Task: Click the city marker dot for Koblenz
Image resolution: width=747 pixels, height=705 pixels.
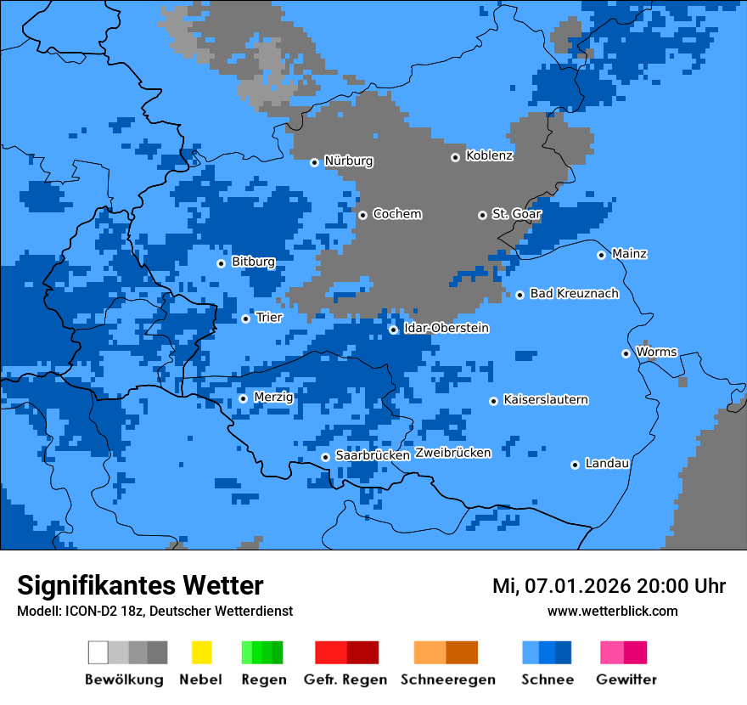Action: [456, 157]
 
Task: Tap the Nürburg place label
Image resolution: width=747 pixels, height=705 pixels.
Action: [348, 161]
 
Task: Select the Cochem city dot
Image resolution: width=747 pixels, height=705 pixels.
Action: [362, 215]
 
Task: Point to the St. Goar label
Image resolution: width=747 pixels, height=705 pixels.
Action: [516, 214]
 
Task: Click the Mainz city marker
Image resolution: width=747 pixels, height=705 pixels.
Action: [601, 255]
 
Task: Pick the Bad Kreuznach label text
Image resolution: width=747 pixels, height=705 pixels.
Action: [574, 294]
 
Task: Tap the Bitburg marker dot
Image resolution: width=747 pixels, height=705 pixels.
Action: [221, 263]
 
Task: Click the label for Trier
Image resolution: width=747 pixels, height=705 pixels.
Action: [269, 318]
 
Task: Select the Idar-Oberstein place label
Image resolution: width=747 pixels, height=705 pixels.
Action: [446, 329]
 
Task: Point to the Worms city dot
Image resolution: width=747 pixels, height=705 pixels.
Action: [626, 353]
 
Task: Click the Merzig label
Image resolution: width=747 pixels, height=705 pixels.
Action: [273, 398]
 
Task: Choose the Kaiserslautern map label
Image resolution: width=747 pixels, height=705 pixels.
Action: [545, 400]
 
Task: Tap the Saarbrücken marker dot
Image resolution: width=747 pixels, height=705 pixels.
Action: [325, 457]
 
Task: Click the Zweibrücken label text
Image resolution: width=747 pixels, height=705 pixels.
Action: [452, 453]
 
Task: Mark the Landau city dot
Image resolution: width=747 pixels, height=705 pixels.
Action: [575, 465]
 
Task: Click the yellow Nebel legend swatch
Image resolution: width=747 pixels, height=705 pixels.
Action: [201, 652]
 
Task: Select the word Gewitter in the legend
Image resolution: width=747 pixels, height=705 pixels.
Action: [626, 680]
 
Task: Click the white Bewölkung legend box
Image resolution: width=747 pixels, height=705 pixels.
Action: [98, 652]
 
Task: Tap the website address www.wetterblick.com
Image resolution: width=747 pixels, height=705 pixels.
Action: [612, 611]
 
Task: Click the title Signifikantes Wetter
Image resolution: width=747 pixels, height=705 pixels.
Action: [140, 585]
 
